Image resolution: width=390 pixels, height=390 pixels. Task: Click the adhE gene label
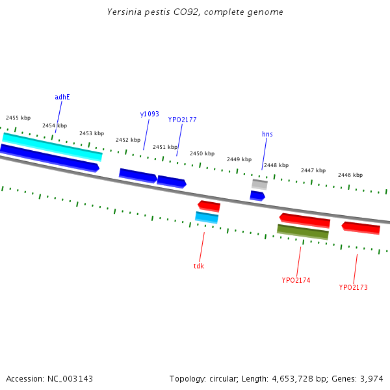[x=62, y=97]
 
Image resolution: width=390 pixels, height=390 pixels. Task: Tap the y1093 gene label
[x=149, y=114]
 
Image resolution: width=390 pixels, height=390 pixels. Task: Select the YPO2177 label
[x=182, y=120]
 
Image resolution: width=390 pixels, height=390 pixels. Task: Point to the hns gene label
[x=267, y=134]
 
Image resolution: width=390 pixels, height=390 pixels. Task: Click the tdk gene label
[x=199, y=266]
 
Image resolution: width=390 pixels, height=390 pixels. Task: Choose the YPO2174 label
[x=296, y=280]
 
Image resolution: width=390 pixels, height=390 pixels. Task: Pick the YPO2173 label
[x=353, y=287]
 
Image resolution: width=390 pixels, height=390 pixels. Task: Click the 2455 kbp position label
[x=18, y=118]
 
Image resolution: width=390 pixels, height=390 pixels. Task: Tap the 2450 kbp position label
[x=202, y=153]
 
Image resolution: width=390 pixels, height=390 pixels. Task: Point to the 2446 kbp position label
[x=350, y=175]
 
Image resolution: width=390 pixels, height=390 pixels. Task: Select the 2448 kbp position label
[x=276, y=165]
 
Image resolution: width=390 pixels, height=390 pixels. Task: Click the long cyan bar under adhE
[x=52, y=146]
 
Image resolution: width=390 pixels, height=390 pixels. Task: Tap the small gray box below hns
[x=259, y=184]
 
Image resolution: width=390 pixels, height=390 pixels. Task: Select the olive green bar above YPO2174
[x=303, y=231]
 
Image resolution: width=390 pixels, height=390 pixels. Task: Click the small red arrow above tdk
[x=209, y=206]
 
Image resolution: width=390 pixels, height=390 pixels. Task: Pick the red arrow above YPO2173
[x=361, y=227]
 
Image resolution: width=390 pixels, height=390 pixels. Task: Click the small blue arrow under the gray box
[x=257, y=195]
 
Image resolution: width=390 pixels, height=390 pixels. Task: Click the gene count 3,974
[x=372, y=378]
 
